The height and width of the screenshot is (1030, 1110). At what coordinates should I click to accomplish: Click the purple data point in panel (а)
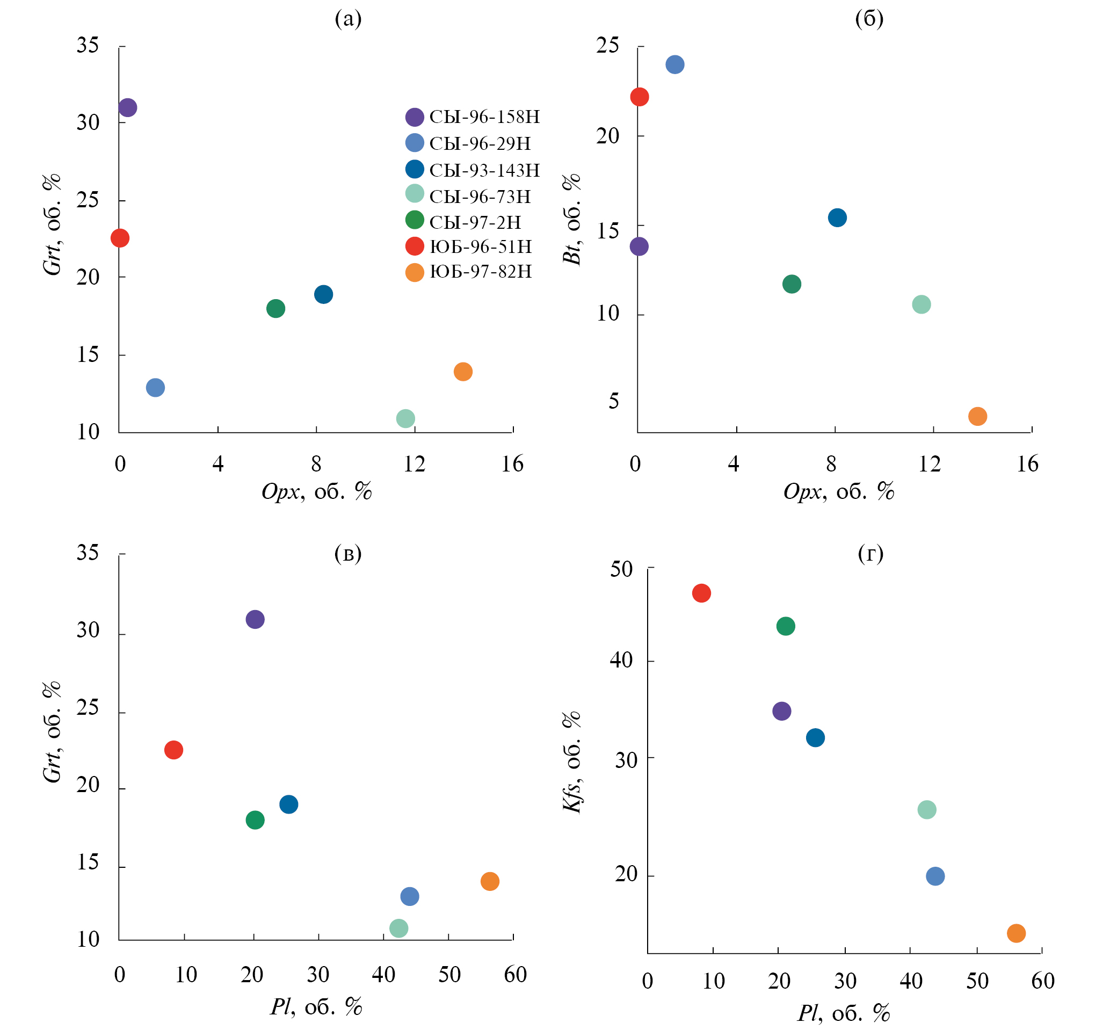click(x=128, y=107)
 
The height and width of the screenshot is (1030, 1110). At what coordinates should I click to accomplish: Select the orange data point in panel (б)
click(x=977, y=416)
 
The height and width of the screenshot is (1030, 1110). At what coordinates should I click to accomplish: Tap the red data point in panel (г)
click(x=701, y=593)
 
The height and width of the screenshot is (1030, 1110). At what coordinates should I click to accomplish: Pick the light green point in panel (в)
click(x=399, y=929)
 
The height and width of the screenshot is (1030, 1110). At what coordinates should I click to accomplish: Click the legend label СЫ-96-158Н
click(x=484, y=117)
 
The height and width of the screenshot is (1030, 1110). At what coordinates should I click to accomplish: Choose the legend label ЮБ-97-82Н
click(x=480, y=272)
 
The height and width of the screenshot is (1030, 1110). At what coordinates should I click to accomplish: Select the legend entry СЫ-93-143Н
click(x=484, y=170)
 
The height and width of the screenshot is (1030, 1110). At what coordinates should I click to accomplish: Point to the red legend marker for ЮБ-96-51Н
click(x=415, y=246)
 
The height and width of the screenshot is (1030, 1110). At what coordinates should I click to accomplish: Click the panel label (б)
click(x=869, y=19)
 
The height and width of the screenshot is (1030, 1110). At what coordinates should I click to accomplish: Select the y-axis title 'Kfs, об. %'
click(x=572, y=761)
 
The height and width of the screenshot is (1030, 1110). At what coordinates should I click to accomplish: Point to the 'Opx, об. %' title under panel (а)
click(x=316, y=491)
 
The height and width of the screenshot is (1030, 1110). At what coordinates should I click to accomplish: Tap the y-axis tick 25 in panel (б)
click(x=608, y=45)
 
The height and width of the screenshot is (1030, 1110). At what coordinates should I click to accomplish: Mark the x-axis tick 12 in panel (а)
click(x=415, y=464)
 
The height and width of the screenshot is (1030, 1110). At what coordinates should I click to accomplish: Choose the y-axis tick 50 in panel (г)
click(x=621, y=569)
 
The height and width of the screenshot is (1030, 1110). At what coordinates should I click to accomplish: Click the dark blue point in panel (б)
click(x=837, y=218)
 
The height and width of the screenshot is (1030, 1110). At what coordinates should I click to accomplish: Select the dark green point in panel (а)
click(x=276, y=309)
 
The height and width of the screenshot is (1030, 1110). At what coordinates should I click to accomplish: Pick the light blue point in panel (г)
click(x=935, y=877)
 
